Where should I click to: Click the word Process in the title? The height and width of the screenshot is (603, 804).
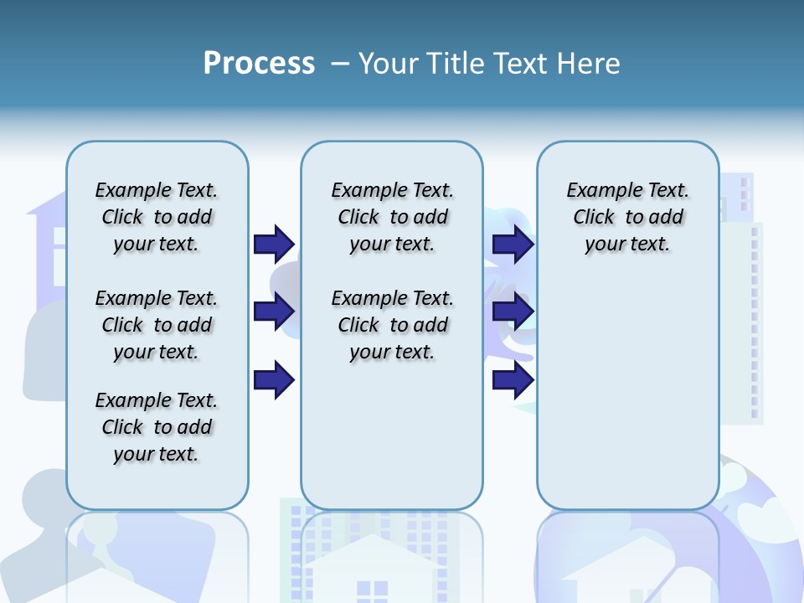point(259,63)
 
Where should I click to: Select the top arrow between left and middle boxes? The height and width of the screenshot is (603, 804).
point(274,244)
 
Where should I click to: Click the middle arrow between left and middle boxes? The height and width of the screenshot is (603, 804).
point(274,311)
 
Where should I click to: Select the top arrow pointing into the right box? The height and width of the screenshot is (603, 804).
point(513,244)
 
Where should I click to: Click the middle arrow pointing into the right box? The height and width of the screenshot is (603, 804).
point(513,311)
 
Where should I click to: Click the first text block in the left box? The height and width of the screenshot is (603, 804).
point(157,217)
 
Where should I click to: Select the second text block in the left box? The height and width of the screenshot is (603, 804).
point(157,325)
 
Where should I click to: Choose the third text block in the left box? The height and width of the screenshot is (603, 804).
point(157,427)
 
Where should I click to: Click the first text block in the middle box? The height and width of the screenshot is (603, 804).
point(392,217)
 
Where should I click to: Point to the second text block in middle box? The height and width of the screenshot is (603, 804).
point(392,325)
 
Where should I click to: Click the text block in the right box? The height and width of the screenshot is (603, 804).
point(627,217)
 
